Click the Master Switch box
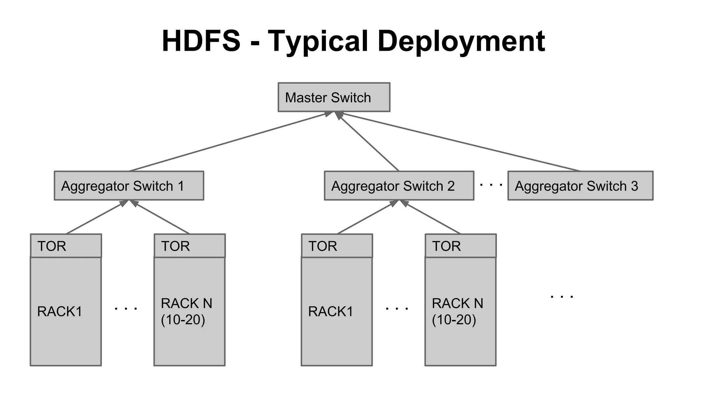pos(334,97)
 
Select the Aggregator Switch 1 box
pos(129,186)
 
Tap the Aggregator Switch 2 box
pos(399,186)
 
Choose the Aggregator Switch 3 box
pos(580,186)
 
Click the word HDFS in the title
pos(201,41)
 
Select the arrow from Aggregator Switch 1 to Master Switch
pos(228,142)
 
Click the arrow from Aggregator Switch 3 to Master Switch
pos(459,142)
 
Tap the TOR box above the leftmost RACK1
pos(66,246)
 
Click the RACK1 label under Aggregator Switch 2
pos(330,311)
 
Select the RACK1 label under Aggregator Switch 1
pos(59,311)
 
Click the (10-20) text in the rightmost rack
pos(454,320)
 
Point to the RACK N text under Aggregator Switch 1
pos(186,303)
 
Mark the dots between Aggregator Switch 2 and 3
pos(491,185)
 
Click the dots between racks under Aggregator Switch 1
pos(126,308)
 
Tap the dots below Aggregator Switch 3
pos(562,296)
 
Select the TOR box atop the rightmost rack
pos(460,246)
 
